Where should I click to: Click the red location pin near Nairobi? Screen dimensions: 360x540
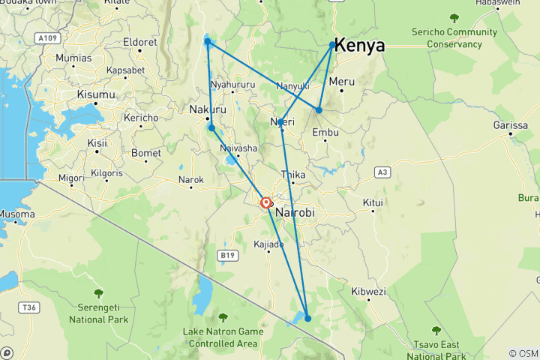point(266,202)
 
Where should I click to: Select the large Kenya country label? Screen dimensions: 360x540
point(359,46)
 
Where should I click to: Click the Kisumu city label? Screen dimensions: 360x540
point(96,94)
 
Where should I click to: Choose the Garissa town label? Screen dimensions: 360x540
point(510,125)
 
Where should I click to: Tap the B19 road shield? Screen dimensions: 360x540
point(228,256)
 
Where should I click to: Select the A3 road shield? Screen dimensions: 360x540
point(382,172)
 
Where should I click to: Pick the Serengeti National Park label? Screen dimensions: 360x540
point(98,314)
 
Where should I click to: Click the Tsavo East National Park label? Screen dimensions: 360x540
point(436,349)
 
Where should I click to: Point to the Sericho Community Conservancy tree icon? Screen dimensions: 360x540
point(453,17)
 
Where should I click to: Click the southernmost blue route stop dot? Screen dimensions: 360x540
point(307,319)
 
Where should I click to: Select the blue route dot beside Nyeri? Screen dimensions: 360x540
point(280,122)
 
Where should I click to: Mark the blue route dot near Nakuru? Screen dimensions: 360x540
point(212,127)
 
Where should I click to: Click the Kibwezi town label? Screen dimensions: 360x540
point(367,291)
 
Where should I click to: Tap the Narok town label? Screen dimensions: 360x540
point(190,179)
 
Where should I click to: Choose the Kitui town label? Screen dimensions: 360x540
point(373,202)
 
